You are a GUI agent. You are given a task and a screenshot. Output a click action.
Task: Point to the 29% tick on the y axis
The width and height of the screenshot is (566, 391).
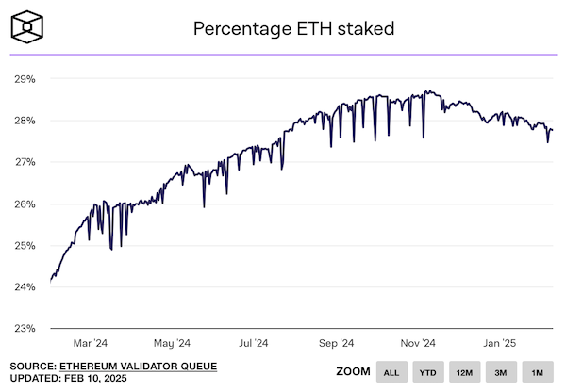pyautogui.click(x=25, y=79)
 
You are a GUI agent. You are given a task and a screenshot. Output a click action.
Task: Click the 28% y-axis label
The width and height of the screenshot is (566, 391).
pyautogui.click(x=25, y=121)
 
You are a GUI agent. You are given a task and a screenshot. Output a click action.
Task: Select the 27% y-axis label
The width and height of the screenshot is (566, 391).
pyautogui.click(x=25, y=162)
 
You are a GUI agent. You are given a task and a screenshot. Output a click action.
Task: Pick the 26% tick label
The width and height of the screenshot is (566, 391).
pyautogui.click(x=25, y=204)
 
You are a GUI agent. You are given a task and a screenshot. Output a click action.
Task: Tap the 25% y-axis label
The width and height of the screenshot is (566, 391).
pyautogui.click(x=25, y=245)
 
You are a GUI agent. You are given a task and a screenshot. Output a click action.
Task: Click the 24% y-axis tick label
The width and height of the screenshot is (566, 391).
pyautogui.click(x=25, y=286)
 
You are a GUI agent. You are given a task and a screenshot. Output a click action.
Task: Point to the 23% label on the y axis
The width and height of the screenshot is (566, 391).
pyautogui.click(x=25, y=328)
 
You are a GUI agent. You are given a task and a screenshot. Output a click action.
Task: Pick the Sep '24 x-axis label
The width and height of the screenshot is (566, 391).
pyautogui.click(x=335, y=343)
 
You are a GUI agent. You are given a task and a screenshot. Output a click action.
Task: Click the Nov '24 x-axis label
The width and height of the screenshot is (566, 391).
pyautogui.click(x=416, y=343)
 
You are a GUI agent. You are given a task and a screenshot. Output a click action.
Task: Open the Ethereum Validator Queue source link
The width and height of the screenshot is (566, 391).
pyautogui.click(x=139, y=366)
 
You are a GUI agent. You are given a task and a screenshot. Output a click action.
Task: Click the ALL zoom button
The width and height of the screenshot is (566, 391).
pyautogui.click(x=390, y=372)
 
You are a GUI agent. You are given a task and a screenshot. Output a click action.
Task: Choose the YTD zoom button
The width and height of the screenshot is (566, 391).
pyautogui.click(x=426, y=372)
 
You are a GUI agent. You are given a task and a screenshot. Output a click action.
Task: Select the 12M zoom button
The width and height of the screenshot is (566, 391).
pyautogui.click(x=463, y=372)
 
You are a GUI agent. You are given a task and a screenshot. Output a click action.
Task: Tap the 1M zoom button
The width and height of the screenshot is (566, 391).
pyautogui.click(x=537, y=372)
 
